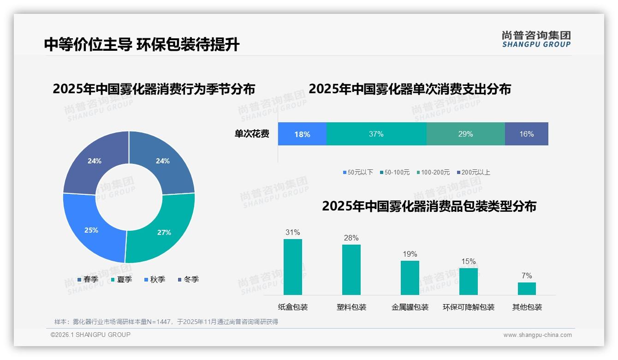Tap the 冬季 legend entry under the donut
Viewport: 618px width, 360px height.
(x=188, y=280)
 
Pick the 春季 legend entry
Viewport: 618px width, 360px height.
(x=88, y=280)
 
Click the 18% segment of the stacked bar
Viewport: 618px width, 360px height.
(x=302, y=134)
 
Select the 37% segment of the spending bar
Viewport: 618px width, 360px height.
(x=376, y=134)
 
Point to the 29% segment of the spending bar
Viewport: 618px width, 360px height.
(x=465, y=134)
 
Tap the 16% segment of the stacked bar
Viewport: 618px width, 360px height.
(x=526, y=134)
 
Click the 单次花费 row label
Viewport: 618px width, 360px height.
(x=252, y=134)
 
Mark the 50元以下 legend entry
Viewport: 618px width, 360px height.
(x=358, y=173)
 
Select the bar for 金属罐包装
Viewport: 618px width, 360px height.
(x=410, y=278)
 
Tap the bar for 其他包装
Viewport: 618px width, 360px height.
(x=527, y=288)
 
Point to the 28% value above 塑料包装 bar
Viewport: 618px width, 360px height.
(x=351, y=238)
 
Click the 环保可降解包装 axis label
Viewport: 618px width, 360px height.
(x=469, y=307)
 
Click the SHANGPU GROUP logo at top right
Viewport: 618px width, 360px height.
(x=536, y=39)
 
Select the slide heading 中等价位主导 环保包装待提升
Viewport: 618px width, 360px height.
(x=142, y=44)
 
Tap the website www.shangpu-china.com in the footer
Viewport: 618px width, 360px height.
(x=537, y=335)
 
